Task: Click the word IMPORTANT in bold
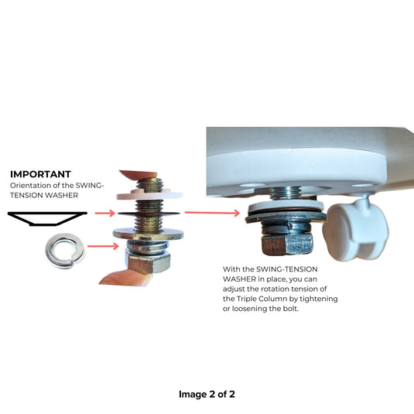tap(40, 174)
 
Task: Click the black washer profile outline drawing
tap(47, 219)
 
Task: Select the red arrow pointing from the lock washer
tap(103, 246)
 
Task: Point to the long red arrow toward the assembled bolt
tap(212, 213)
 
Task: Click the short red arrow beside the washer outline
tap(104, 213)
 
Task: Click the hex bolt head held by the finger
tap(149, 262)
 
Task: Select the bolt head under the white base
tap(287, 245)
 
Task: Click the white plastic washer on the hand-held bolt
tap(149, 195)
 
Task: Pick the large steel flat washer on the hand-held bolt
tap(148, 234)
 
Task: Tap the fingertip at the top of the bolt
tap(138, 176)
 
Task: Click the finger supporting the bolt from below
tap(125, 279)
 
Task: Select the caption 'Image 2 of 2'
tap(207, 394)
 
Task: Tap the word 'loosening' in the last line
tap(249, 309)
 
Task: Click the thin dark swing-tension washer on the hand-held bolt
tap(149, 213)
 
